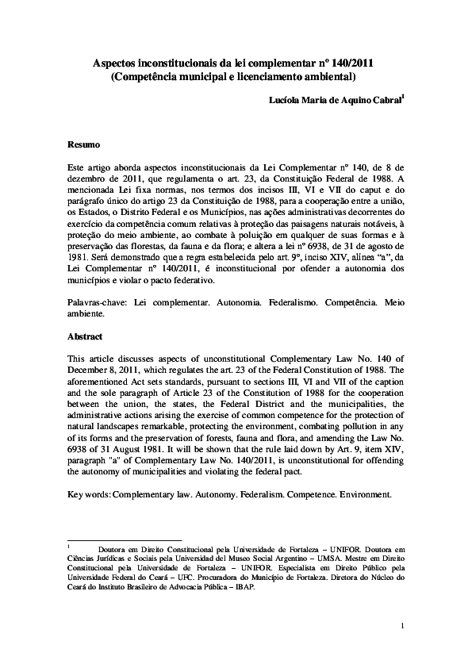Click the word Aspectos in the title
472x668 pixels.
117,63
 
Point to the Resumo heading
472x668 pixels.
83,145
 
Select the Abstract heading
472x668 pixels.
85,336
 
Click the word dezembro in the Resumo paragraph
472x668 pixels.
88,180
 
